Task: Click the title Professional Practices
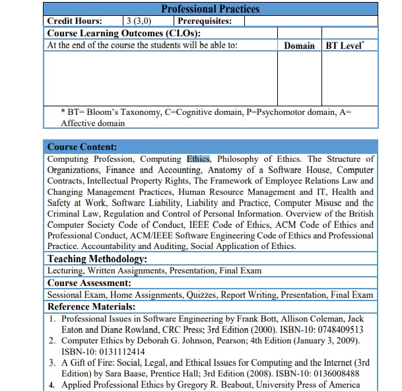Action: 211,9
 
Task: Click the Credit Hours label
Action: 75,20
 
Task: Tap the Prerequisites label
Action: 205,20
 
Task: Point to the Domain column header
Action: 299,46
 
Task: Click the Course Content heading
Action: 82,147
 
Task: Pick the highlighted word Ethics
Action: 198,159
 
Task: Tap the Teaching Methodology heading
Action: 97,259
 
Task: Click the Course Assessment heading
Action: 91,283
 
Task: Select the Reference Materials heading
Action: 92,306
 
